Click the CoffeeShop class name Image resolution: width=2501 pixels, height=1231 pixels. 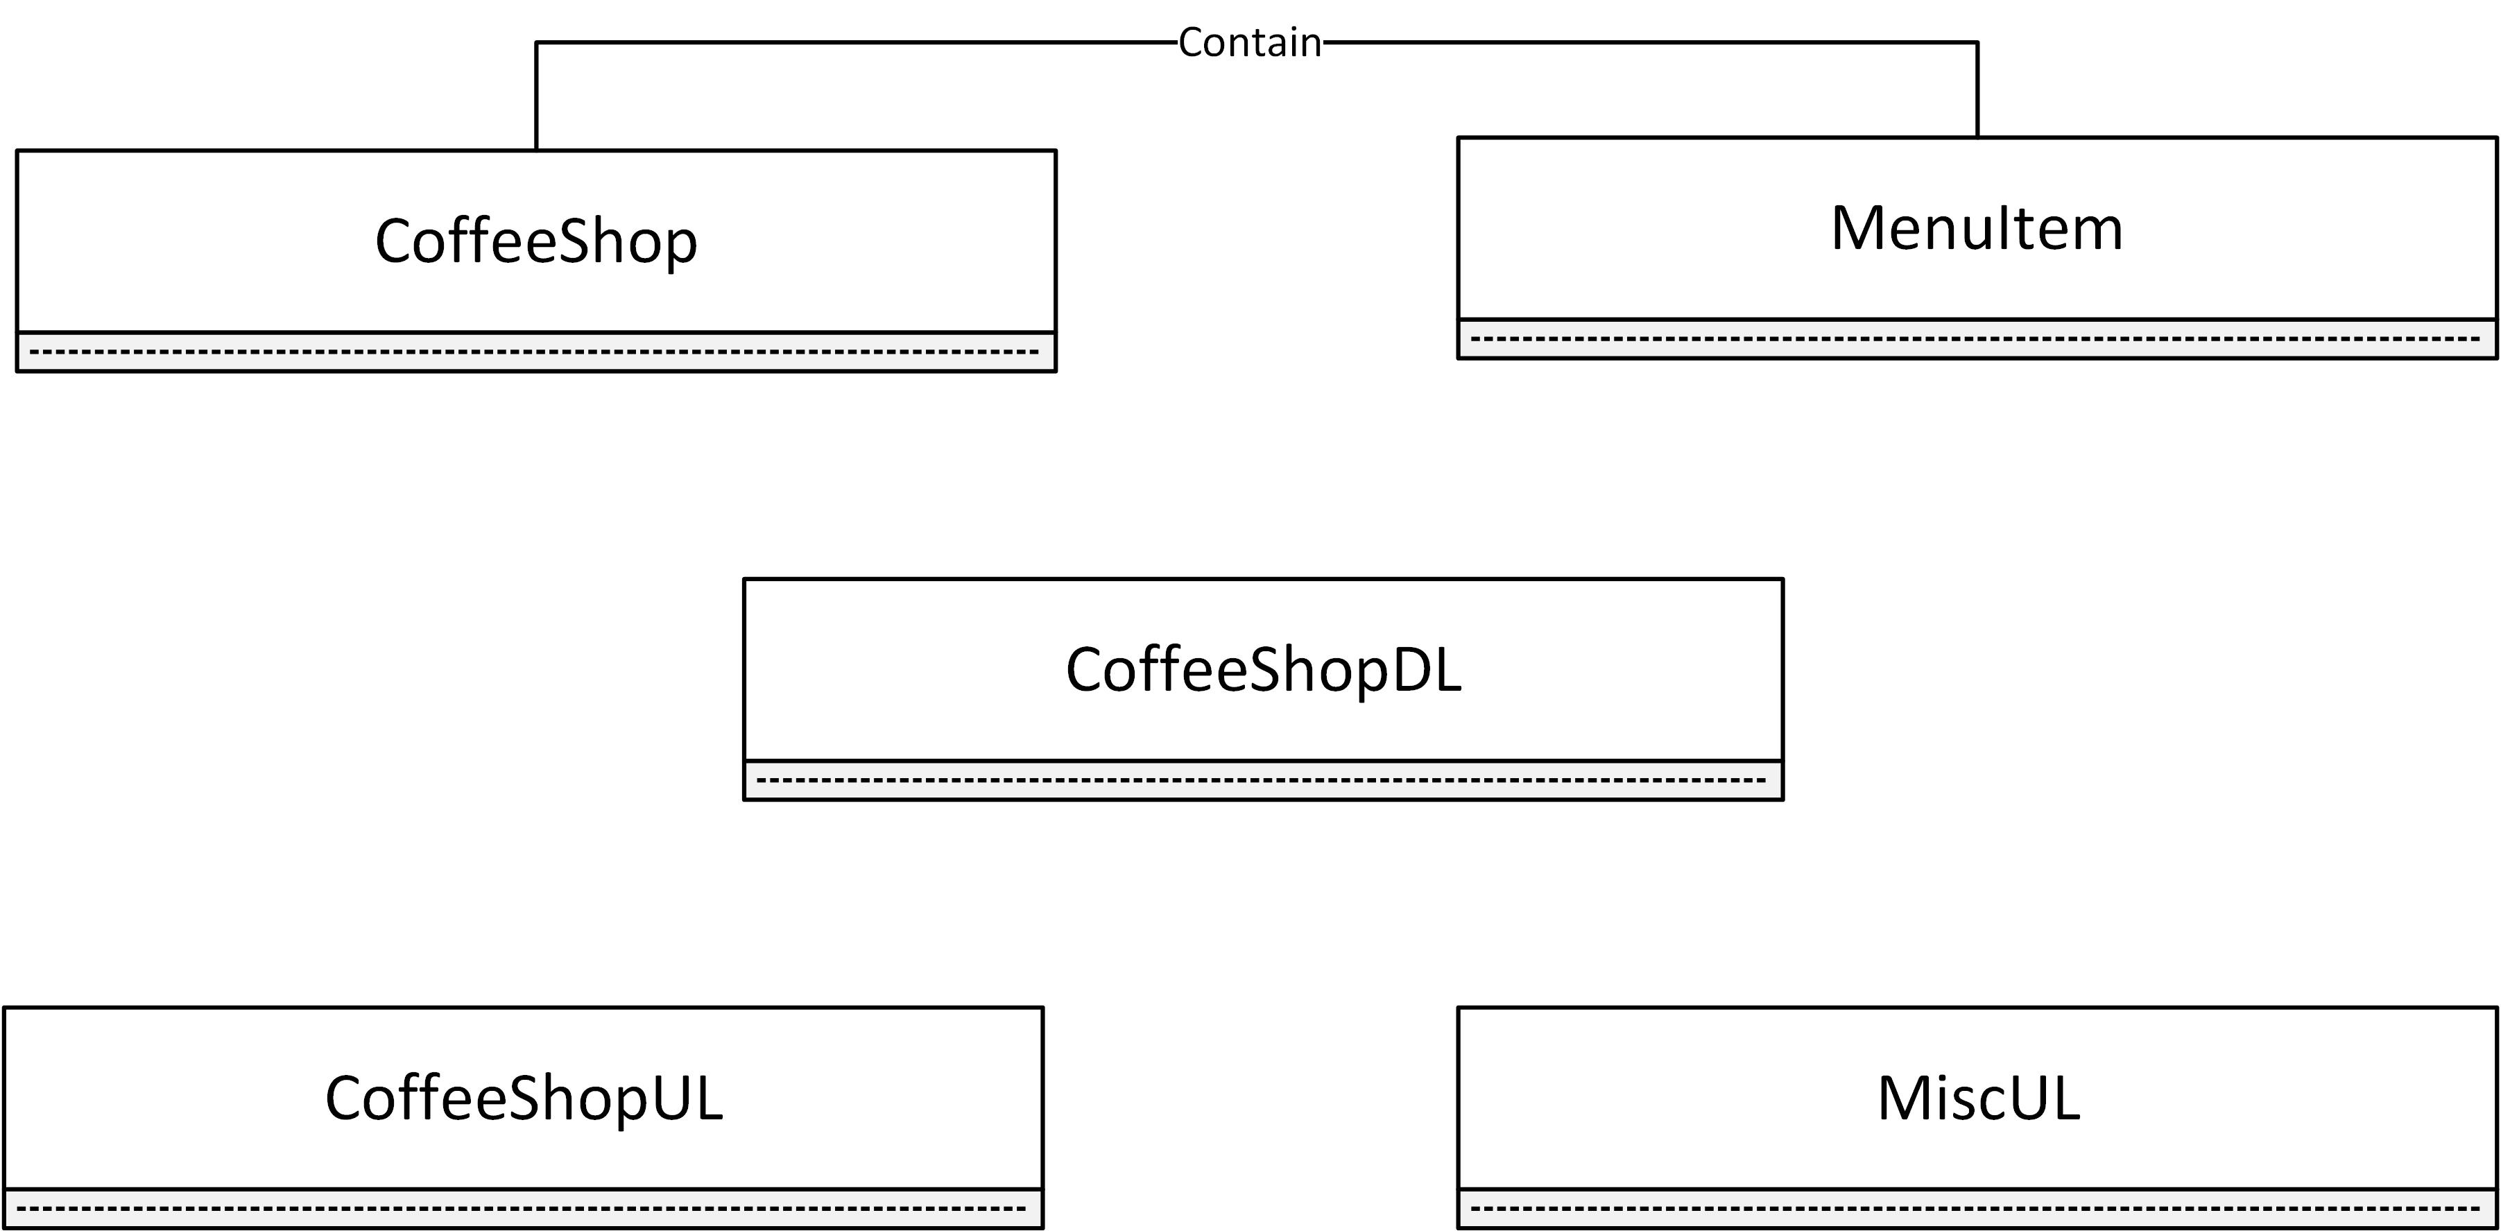[x=536, y=241]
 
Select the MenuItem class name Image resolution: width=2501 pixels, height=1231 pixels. [x=1977, y=228]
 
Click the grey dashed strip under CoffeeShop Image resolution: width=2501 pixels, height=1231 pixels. [x=536, y=352]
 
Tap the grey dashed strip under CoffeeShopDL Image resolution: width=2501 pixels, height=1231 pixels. [x=1263, y=780]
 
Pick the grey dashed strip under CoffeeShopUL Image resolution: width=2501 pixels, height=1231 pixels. [x=524, y=1209]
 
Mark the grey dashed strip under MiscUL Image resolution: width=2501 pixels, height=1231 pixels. [x=1977, y=1209]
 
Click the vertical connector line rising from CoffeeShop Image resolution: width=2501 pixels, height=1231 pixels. [x=537, y=97]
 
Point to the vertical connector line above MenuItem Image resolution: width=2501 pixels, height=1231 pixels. [x=1977, y=89]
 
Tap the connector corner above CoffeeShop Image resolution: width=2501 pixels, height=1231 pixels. [x=537, y=43]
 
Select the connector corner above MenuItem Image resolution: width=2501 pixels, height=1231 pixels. [x=1977, y=43]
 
